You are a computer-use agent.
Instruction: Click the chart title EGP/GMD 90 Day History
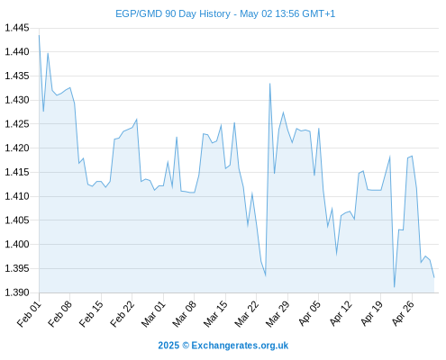173,13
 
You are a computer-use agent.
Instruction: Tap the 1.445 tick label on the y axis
17,28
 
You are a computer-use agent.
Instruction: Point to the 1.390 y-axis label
17,292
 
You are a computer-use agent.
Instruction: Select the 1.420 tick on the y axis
17,148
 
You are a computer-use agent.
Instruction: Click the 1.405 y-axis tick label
17,220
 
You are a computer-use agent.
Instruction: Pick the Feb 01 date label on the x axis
29,314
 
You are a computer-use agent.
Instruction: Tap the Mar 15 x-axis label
215,314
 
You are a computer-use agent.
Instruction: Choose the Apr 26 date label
403,313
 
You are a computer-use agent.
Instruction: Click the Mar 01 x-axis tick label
153,314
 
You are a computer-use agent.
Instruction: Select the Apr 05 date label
309,313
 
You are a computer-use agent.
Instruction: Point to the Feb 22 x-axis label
123,314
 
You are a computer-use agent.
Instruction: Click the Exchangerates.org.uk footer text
240,346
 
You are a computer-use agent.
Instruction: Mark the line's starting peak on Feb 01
39,35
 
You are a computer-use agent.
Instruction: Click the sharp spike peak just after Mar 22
269,84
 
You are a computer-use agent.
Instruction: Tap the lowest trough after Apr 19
394,287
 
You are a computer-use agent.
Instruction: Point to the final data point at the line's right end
434,277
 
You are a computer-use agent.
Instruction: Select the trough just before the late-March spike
266,275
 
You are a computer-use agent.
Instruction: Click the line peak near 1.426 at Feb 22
137,120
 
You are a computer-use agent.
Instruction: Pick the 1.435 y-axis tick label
17,76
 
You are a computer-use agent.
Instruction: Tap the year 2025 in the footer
168,346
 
